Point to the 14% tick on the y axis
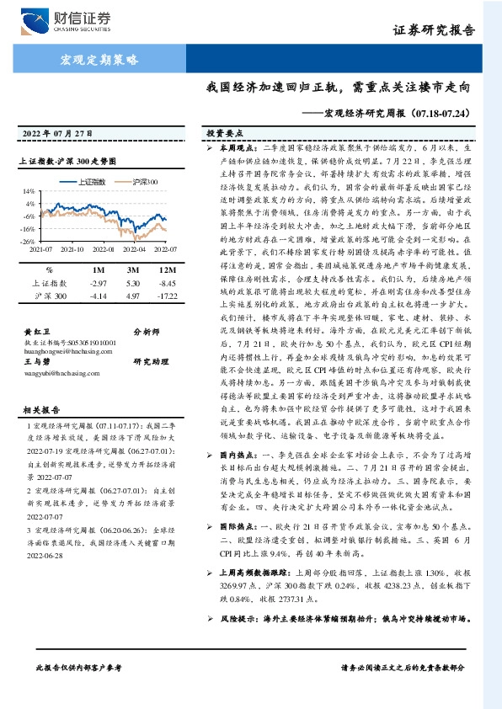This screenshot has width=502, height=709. point(29,191)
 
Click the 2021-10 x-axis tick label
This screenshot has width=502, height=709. point(72,249)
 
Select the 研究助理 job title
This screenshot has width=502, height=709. point(150,361)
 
